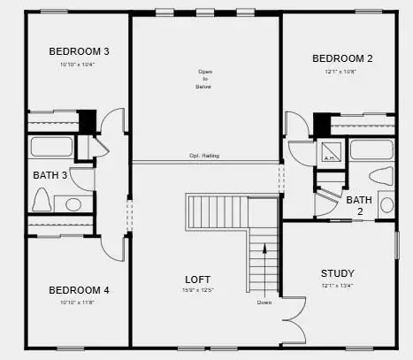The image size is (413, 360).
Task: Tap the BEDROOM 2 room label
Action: (342, 58)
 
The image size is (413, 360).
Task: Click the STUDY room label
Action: (337, 273)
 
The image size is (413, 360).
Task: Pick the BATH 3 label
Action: (50, 175)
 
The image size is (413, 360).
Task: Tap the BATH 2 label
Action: (359, 206)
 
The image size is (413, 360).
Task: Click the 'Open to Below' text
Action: (205, 80)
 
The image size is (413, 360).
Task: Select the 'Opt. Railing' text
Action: (204, 156)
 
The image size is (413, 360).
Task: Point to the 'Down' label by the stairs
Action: (264, 303)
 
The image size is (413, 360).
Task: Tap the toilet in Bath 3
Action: (41, 201)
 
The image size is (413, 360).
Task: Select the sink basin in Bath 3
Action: (71, 204)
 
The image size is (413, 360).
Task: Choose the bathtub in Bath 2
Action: (371, 149)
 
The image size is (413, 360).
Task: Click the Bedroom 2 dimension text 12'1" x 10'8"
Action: (342, 73)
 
